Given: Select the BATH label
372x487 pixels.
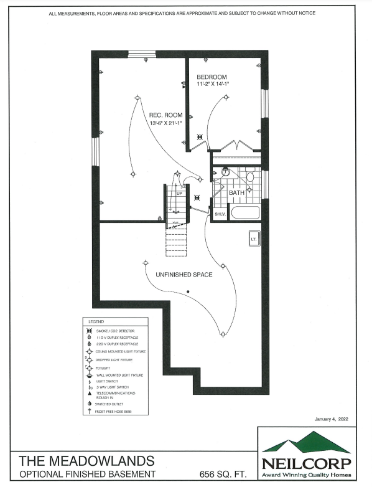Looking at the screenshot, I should (x=237, y=193).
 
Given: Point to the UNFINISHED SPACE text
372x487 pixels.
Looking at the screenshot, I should (x=180, y=274).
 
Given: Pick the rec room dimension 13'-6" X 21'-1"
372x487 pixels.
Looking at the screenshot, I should (x=167, y=123).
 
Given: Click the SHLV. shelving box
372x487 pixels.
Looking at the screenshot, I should (x=220, y=214).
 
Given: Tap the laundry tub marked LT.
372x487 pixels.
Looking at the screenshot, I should (x=254, y=239).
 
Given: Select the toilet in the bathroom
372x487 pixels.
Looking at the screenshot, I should (x=250, y=177).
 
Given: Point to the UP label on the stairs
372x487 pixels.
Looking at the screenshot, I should (x=179, y=193).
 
